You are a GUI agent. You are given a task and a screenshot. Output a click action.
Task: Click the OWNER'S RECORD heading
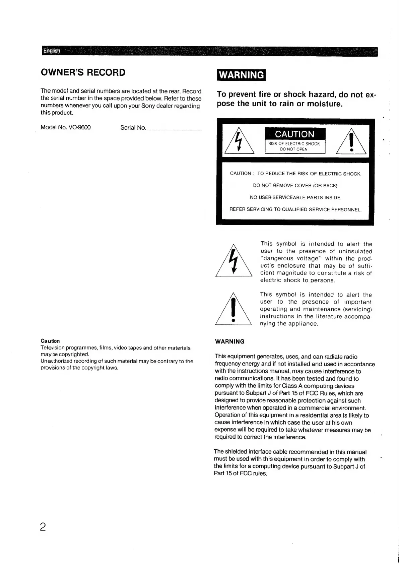tap(83, 72)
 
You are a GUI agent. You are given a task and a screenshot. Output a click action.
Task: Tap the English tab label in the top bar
tap(52, 51)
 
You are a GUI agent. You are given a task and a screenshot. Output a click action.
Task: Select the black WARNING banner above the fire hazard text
tap(241, 75)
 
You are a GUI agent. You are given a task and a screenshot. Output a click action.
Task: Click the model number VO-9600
tap(79, 128)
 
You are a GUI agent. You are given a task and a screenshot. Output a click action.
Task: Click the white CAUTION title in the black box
tap(294, 134)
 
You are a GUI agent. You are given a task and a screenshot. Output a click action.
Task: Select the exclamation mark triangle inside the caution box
tap(351, 142)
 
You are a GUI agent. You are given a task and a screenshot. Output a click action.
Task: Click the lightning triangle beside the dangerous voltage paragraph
tap(234, 261)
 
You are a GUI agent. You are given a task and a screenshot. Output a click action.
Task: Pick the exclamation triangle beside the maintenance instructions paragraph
tap(233, 310)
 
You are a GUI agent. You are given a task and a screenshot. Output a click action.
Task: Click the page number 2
tap(43, 527)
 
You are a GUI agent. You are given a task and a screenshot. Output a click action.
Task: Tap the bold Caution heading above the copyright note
tap(50, 341)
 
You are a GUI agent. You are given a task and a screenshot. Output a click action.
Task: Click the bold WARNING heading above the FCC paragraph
tap(229, 342)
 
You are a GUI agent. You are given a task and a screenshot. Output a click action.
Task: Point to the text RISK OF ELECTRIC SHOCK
tap(294, 144)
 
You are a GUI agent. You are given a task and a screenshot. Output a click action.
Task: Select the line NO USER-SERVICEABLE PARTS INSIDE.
tap(295, 198)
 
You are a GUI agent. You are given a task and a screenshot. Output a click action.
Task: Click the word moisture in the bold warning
tap(324, 104)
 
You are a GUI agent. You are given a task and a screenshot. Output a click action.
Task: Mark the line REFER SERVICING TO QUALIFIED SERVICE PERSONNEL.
tap(295, 210)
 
